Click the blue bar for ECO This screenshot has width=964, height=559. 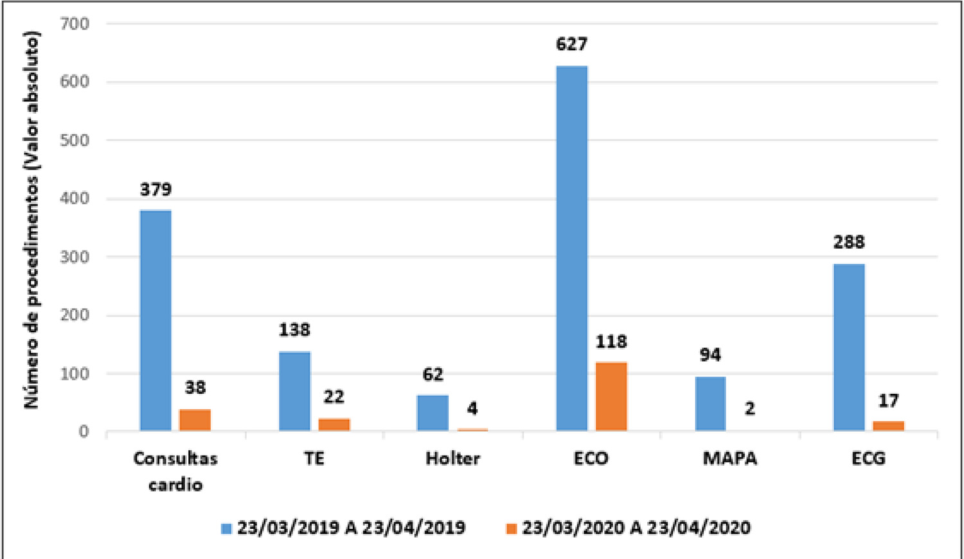572,248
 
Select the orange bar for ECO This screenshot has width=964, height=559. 612,396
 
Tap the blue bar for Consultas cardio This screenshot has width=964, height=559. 156,320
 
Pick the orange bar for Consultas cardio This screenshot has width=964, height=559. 195,420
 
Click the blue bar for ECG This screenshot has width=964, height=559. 849,347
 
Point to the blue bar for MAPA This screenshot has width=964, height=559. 711,404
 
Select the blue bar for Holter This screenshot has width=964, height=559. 433,413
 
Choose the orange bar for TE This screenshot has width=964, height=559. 334,425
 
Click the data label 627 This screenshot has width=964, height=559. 572,44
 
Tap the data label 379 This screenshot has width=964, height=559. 156,190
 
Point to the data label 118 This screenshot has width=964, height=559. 612,342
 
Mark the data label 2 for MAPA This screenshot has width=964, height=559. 750,409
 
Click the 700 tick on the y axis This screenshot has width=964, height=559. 75,23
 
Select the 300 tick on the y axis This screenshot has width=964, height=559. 75,257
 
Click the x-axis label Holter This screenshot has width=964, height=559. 452,458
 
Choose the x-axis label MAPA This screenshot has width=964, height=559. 730,458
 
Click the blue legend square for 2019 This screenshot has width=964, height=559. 226,528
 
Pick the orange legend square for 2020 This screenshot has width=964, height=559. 512,528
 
